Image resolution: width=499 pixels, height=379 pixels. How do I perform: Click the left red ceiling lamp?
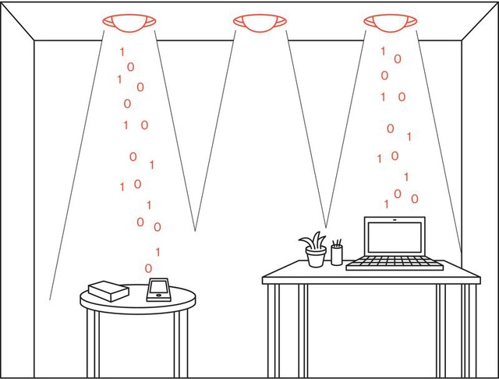(x=129, y=22)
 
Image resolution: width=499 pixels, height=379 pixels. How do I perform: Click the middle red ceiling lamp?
(x=259, y=22)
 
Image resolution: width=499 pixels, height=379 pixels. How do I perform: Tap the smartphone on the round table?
(x=158, y=289)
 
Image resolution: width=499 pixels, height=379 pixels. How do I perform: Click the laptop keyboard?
(x=395, y=264)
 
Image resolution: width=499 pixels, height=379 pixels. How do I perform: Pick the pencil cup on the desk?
(x=337, y=253)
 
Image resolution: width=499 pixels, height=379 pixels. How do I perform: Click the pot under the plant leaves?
(x=316, y=258)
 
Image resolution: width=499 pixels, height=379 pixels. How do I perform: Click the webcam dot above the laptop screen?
(x=395, y=220)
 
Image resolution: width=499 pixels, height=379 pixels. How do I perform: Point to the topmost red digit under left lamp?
(x=121, y=52)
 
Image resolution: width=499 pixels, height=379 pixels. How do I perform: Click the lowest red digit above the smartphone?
(x=149, y=268)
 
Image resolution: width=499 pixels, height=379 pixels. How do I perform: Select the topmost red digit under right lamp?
(x=382, y=51)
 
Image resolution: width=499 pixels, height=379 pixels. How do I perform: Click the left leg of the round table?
(x=93, y=343)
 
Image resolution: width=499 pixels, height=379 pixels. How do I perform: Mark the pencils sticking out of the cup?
(x=337, y=243)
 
